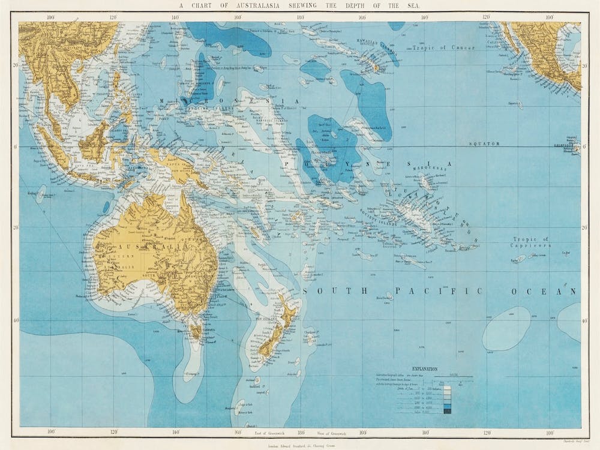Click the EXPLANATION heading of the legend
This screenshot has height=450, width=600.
coord(425,369)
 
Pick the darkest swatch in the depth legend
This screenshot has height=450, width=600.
coord(447,411)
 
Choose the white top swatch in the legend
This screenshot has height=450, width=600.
coord(447,389)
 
